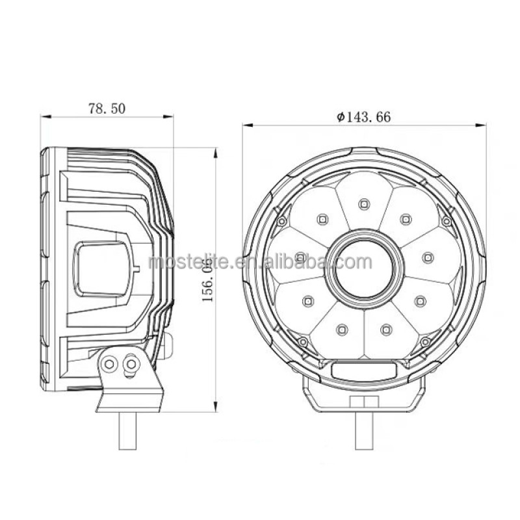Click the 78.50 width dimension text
[107, 109]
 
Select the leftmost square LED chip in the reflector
[300, 257]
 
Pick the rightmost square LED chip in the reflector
[427, 257]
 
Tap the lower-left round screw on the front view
[302, 341]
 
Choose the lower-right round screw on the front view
[426, 341]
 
